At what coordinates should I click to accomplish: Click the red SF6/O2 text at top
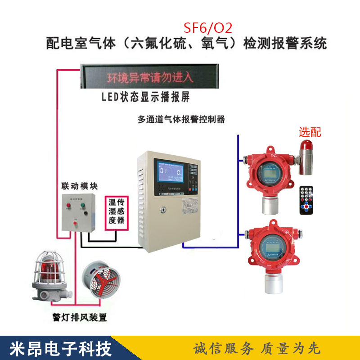[208, 28]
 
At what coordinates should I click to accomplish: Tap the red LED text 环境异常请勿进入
[150, 77]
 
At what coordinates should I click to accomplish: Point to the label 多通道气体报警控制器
[181, 120]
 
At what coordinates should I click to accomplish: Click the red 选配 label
[310, 132]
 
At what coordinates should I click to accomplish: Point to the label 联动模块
[80, 186]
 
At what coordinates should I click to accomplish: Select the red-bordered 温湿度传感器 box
[115, 213]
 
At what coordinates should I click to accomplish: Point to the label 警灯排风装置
[79, 318]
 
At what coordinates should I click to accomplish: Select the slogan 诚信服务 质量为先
[256, 348]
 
